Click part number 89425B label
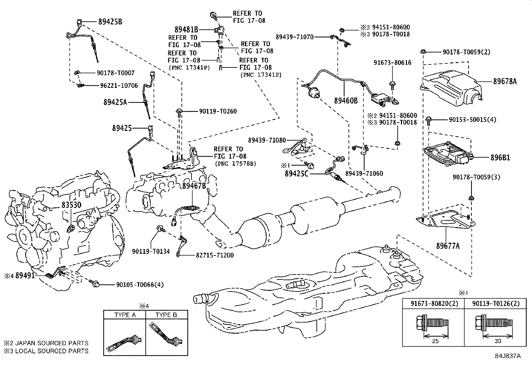click(x=110, y=22)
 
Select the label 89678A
click(x=505, y=81)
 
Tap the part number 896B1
click(x=500, y=157)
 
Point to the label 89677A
click(x=448, y=246)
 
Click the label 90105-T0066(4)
click(x=140, y=285)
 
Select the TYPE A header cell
click(x=125, y=315)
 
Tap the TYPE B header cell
click(x=166, y=315)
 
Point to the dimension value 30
click(x=498, y=341)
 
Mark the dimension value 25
click(x=435, y=341)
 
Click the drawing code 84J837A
click(x=508, y=356)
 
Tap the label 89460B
click(x=346, y=100)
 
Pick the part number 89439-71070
click(x=295, y=37)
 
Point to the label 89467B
click(x=194, y=186)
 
